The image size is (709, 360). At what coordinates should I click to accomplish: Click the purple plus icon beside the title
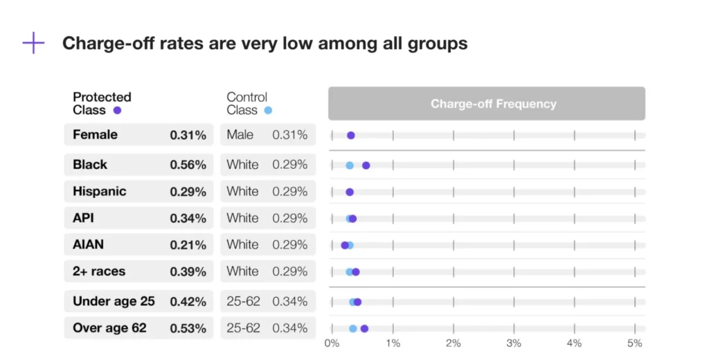tap(33, 43)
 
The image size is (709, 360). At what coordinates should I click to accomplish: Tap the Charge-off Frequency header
tap(493, 104)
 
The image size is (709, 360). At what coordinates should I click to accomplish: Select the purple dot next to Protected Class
tap(117, 111)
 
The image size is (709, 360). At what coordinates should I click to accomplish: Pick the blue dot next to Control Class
tap(269, 111)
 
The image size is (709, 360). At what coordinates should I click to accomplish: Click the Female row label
tap(95, 135)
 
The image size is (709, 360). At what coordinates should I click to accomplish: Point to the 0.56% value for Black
tap(188, 165)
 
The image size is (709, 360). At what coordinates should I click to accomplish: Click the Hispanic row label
tap(99, 192)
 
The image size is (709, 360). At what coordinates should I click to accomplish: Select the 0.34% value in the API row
tap(188, 219)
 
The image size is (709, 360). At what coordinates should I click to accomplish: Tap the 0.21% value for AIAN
tap(188, 245)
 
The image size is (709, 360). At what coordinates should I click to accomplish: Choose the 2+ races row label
tap(99, 272)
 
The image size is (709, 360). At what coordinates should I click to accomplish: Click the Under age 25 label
tap(114, 302)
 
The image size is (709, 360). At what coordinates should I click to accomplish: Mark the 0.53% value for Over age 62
tap(188, 328)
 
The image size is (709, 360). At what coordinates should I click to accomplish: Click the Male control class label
tap(240, 135)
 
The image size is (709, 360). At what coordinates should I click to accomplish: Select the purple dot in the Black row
tap(366, 165)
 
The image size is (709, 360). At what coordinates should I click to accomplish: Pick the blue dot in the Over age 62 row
tap(353, 329)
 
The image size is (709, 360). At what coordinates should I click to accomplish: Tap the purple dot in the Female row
tap(351, 136)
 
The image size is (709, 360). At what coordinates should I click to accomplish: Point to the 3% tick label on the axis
tap(513, 343)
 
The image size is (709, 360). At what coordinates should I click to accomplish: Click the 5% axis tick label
tap(634, 343)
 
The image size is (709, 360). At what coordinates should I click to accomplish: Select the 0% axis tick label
tap(332, 343)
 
